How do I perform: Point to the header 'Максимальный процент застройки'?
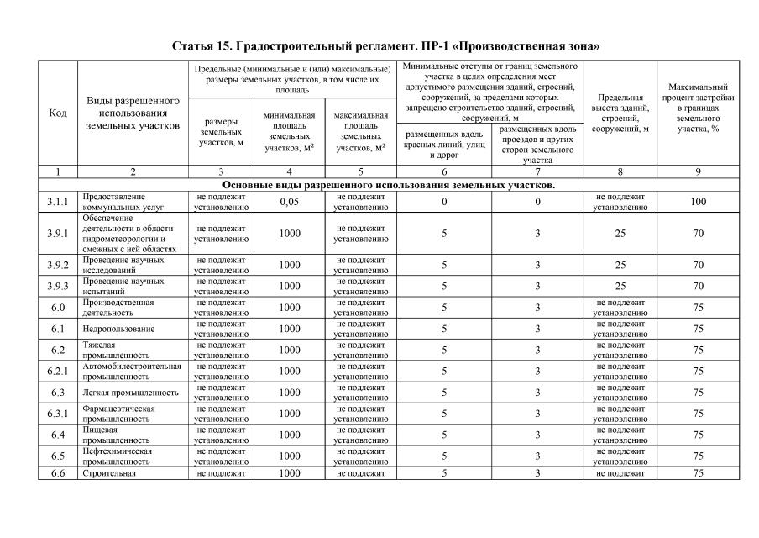698,113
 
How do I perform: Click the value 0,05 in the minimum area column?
290,202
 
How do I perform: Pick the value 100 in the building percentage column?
698,202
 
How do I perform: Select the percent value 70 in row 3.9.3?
698,286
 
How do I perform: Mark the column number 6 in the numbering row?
444,171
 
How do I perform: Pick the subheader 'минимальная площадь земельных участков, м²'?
290,131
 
